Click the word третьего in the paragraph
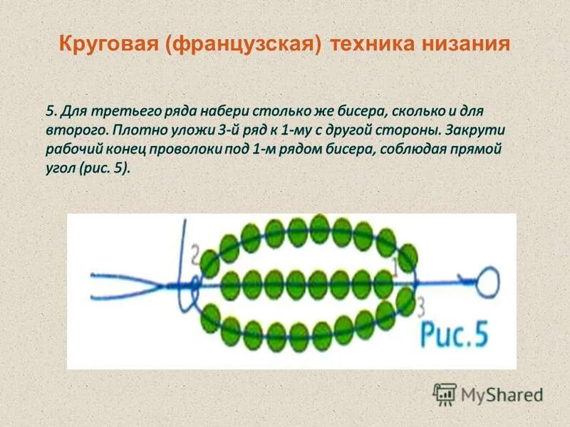tap(130, 112)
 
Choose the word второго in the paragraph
tap(75, 131)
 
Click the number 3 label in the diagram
tap(420, 308)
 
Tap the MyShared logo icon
tap(445, 394)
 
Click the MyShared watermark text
tap(502, 394)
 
